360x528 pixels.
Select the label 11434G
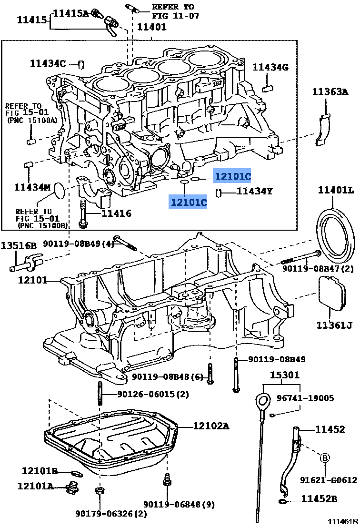point(270,68)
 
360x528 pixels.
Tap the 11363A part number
point(330,92)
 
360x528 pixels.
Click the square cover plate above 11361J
point(332,294)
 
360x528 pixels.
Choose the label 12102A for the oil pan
point(211,426)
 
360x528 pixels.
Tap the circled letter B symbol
point(325,457)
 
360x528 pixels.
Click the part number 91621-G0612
point(328,480)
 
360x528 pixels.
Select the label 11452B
point(319,499)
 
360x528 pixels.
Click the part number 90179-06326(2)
point(111,513)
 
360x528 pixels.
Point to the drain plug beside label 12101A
point(73,487)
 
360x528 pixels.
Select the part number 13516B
point(19,246)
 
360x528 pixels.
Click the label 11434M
point(32,187)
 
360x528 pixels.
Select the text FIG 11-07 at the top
point(175,16)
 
